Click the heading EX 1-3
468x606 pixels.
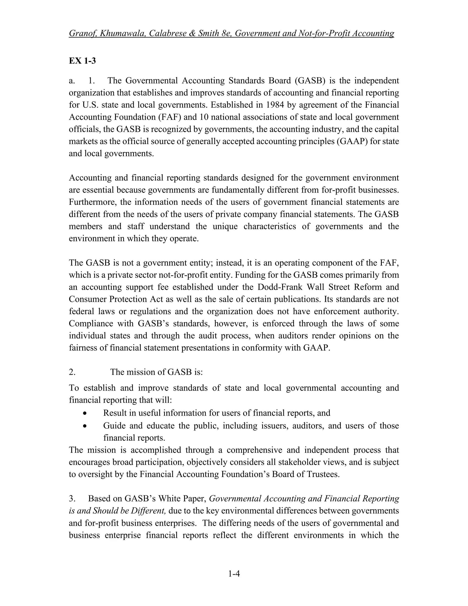(x=82, y=61)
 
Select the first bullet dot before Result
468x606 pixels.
(x=85, y=413)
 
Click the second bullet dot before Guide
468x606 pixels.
(x=85, y=426)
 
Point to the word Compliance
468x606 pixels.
(x=91, y=324)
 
